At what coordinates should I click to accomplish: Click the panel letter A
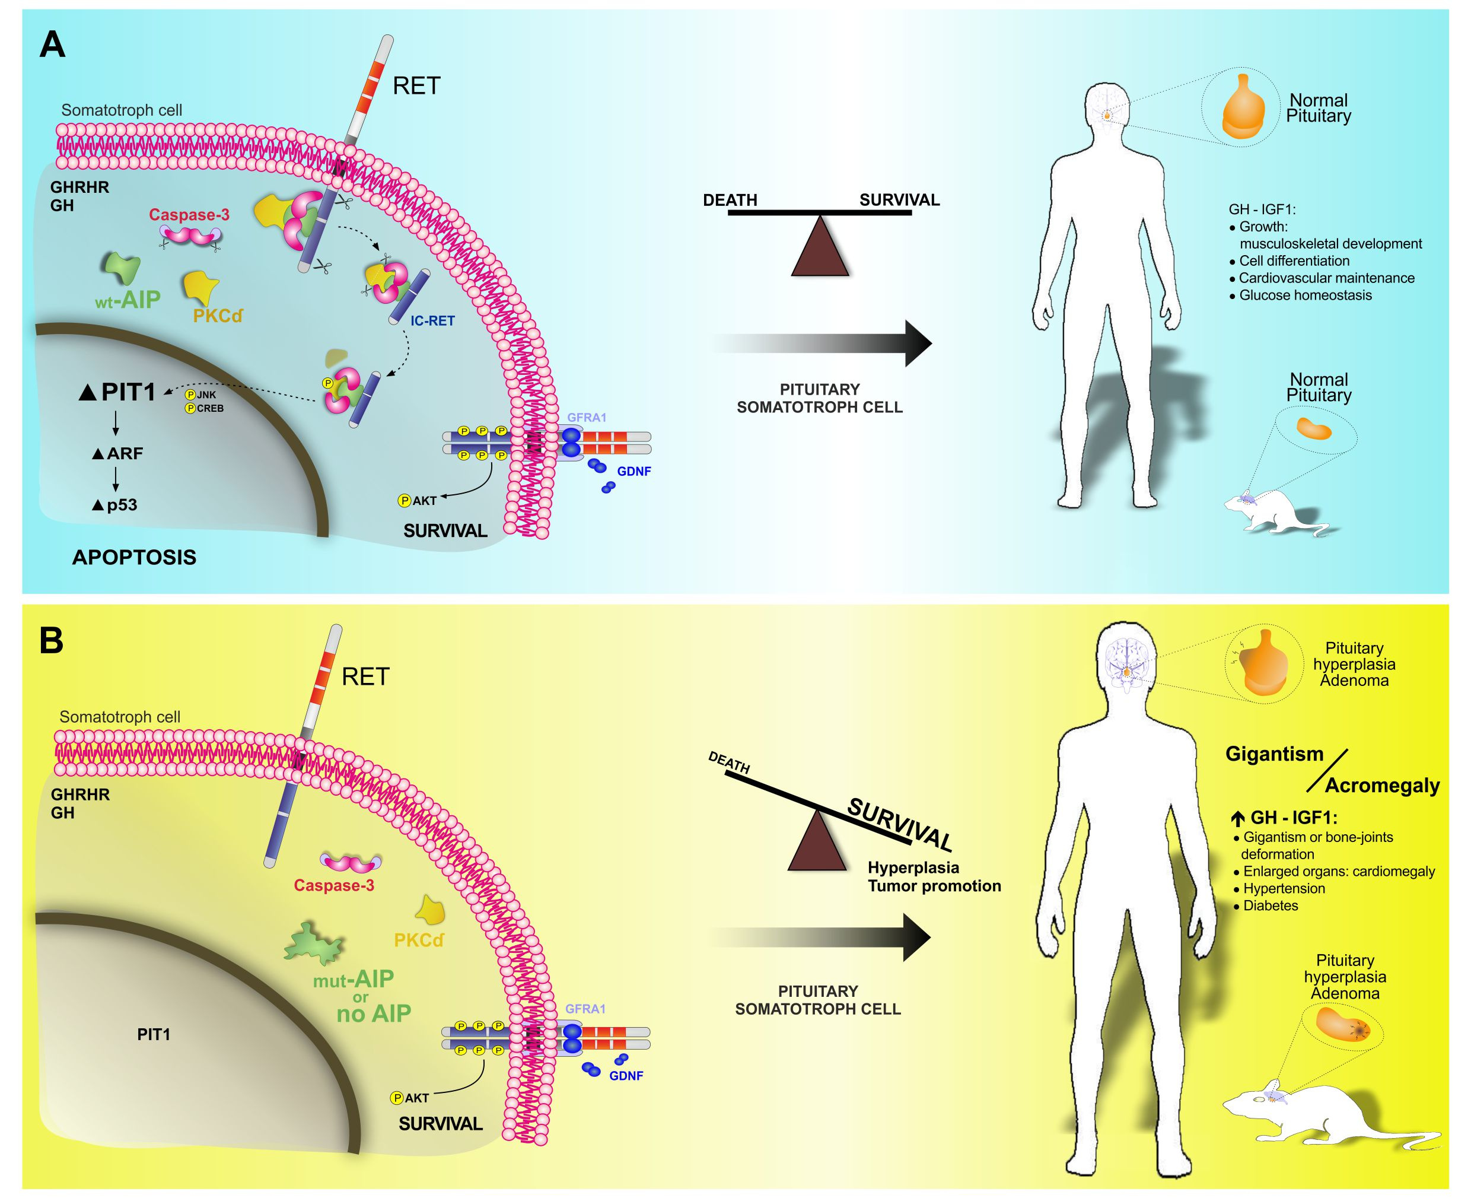(x=52, y=46)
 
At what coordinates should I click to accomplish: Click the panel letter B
(x=52, y=641)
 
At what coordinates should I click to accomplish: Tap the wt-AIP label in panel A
(x=128, y=300)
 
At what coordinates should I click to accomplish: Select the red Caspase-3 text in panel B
(x=334, y=885)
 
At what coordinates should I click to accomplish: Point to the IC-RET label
(x=432, y=321)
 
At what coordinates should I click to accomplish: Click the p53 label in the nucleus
(x=115, y=505)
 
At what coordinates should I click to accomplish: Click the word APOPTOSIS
(x=134, y=558)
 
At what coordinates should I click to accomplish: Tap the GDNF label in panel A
(x=633, y=472)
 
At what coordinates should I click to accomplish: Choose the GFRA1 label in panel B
(x=585, y=1009)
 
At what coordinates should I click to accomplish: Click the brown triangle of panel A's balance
(x=820, y=250)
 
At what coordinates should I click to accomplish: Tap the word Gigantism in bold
(x=1273, y=754)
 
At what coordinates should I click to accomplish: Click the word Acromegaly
(x=1382, y=786)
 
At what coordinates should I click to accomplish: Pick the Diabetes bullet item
(x=1269, y=906)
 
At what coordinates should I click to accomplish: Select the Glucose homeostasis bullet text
(x=1305, y=295)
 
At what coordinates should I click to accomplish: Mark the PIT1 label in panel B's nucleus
(x=153, y=1034)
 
